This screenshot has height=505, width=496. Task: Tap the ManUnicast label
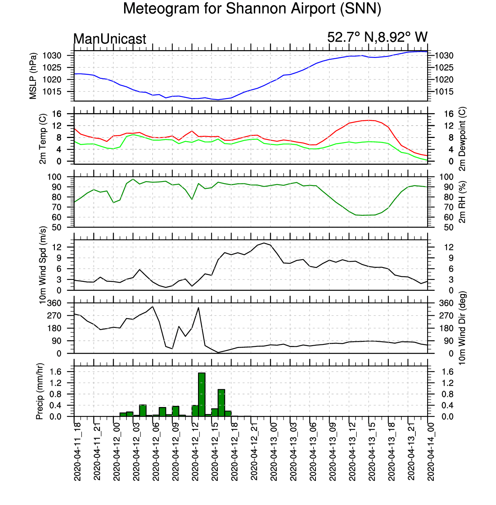109,39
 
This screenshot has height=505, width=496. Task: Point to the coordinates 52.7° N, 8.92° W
377,37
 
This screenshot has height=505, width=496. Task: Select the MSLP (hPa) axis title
33,76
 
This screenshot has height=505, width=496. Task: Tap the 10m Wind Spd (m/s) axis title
42,265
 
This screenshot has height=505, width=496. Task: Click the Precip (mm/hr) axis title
39,391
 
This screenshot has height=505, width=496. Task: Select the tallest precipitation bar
202,395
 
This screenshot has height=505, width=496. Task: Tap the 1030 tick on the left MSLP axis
52,56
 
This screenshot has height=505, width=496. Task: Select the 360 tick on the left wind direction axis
54,303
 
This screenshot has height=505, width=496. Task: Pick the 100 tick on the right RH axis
446,177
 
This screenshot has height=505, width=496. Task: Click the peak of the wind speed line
264,243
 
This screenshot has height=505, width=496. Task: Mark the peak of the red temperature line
368,120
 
